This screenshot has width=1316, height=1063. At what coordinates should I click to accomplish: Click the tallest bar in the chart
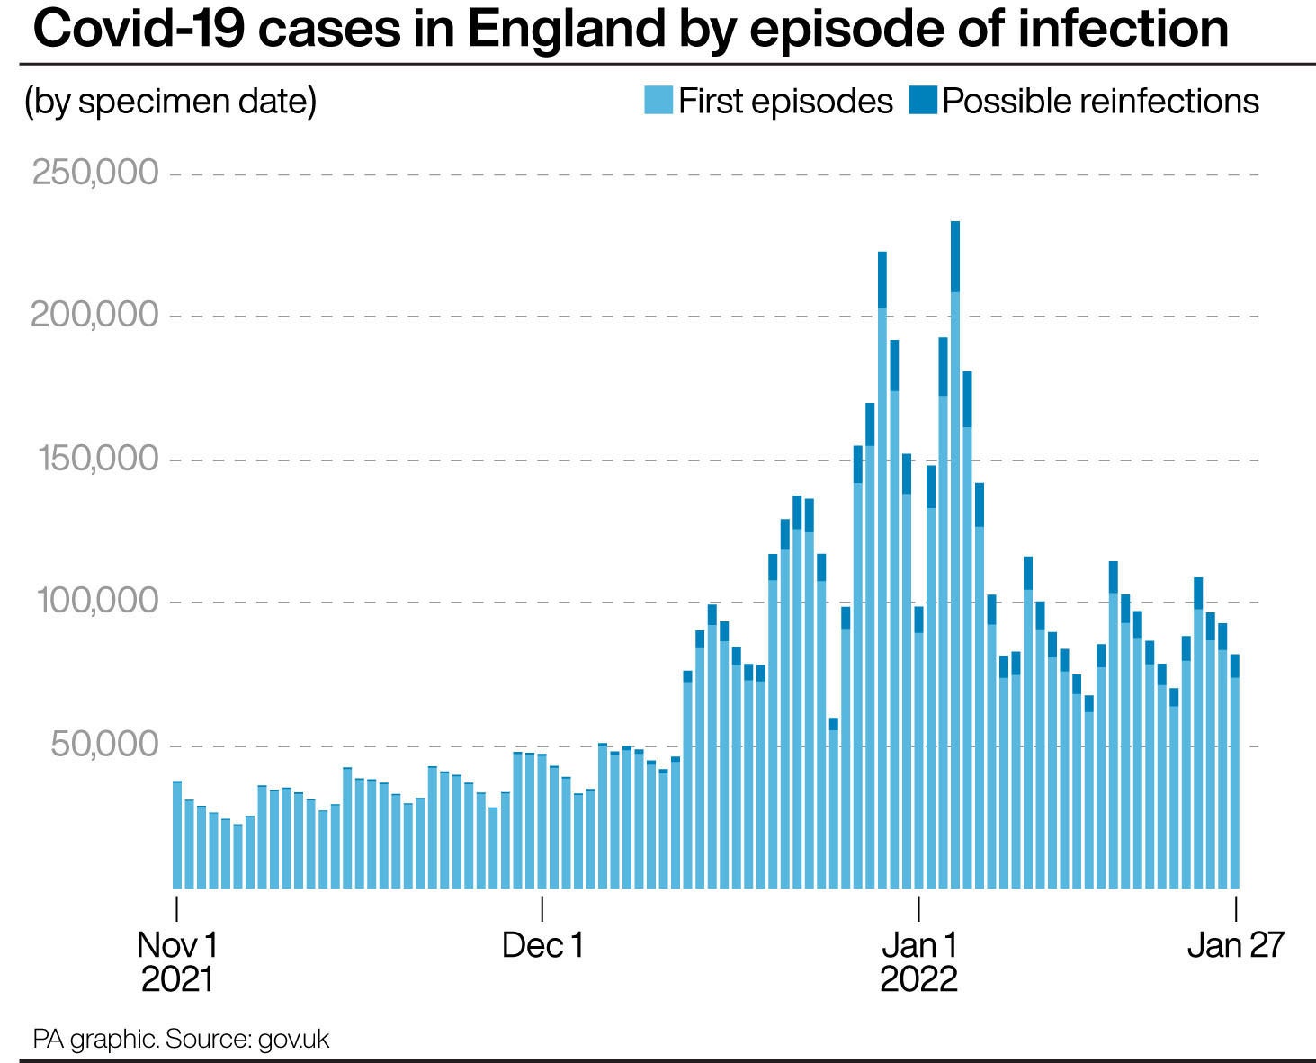(x=955, y=558)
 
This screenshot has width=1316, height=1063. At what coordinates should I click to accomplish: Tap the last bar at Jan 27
(x=1235, y=773)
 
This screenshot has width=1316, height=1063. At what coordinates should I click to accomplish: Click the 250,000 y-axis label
(x=95, y=173)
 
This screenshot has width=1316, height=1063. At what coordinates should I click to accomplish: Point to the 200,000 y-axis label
(x=94, y=316)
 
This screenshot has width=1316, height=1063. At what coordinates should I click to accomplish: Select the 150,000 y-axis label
(x=97, y=459)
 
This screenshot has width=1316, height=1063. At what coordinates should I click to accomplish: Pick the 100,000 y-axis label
(x=97, y=602)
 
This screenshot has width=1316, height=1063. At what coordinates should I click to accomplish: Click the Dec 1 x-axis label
(x=543, y=945)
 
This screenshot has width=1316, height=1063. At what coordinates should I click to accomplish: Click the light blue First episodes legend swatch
(x=658, y=100)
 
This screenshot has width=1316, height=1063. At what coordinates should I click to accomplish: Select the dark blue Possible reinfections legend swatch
(x=923, y=100)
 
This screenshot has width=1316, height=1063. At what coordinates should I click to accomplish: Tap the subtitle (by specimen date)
(x=171, y=101)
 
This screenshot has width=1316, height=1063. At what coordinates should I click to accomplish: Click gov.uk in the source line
(x=293, y=1040)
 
